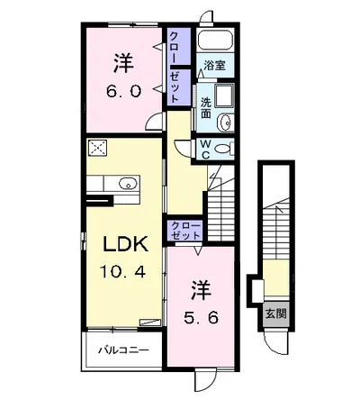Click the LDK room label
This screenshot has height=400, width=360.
126,244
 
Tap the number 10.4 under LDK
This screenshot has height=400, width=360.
123,273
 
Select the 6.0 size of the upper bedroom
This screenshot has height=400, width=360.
123,91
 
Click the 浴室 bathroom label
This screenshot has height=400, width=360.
215,65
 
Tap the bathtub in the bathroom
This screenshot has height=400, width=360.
216,41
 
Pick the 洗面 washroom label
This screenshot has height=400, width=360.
206,108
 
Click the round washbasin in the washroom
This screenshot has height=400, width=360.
227,123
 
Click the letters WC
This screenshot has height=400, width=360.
205,150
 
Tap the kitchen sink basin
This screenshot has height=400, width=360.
129,183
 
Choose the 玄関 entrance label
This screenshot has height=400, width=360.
276,314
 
